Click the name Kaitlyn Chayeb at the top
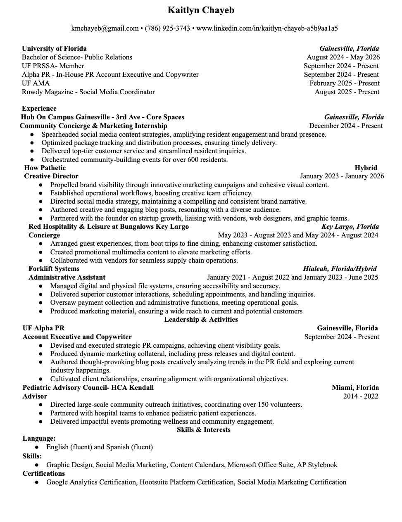pyautogui.click(x=201, y=10)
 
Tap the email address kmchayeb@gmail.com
pyautogui.click(x=105, y=28)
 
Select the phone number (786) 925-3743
pyautogui.click(x=167, y=28)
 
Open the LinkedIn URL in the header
pyautogui.click(x=267, y=28)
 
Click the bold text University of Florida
pyautogui.click(x=54, y=49)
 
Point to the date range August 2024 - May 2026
pyautogui.click(x=343, y=57)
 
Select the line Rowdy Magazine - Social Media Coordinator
pyautogui.click(x=88, y=92)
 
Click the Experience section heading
pyautogui.click(x=39, y=109)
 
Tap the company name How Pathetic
pyautogui.click(x=45, y=168)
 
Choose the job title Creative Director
pyautogui.click(x=51, y=176)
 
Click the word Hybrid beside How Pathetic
pyautogui.click(x=366, y=168)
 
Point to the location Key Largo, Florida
pyautogui.click(x=350, y=227)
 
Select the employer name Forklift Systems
pyautogui.click(x=54, y=269)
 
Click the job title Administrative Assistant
pyautogui.click(x=67, y=278)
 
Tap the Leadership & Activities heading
pyautogui.click(x=201, y=320)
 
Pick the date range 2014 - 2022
pyautogui.click(x=361, y=396)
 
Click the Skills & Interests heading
pyautogui.click(x=203, y=430)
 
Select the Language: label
pyautogui.click(x=39, y=439)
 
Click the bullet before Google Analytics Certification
pyautogui.click(x=37, y=482)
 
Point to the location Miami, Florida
pyautogui.click(x=355, y=388)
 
